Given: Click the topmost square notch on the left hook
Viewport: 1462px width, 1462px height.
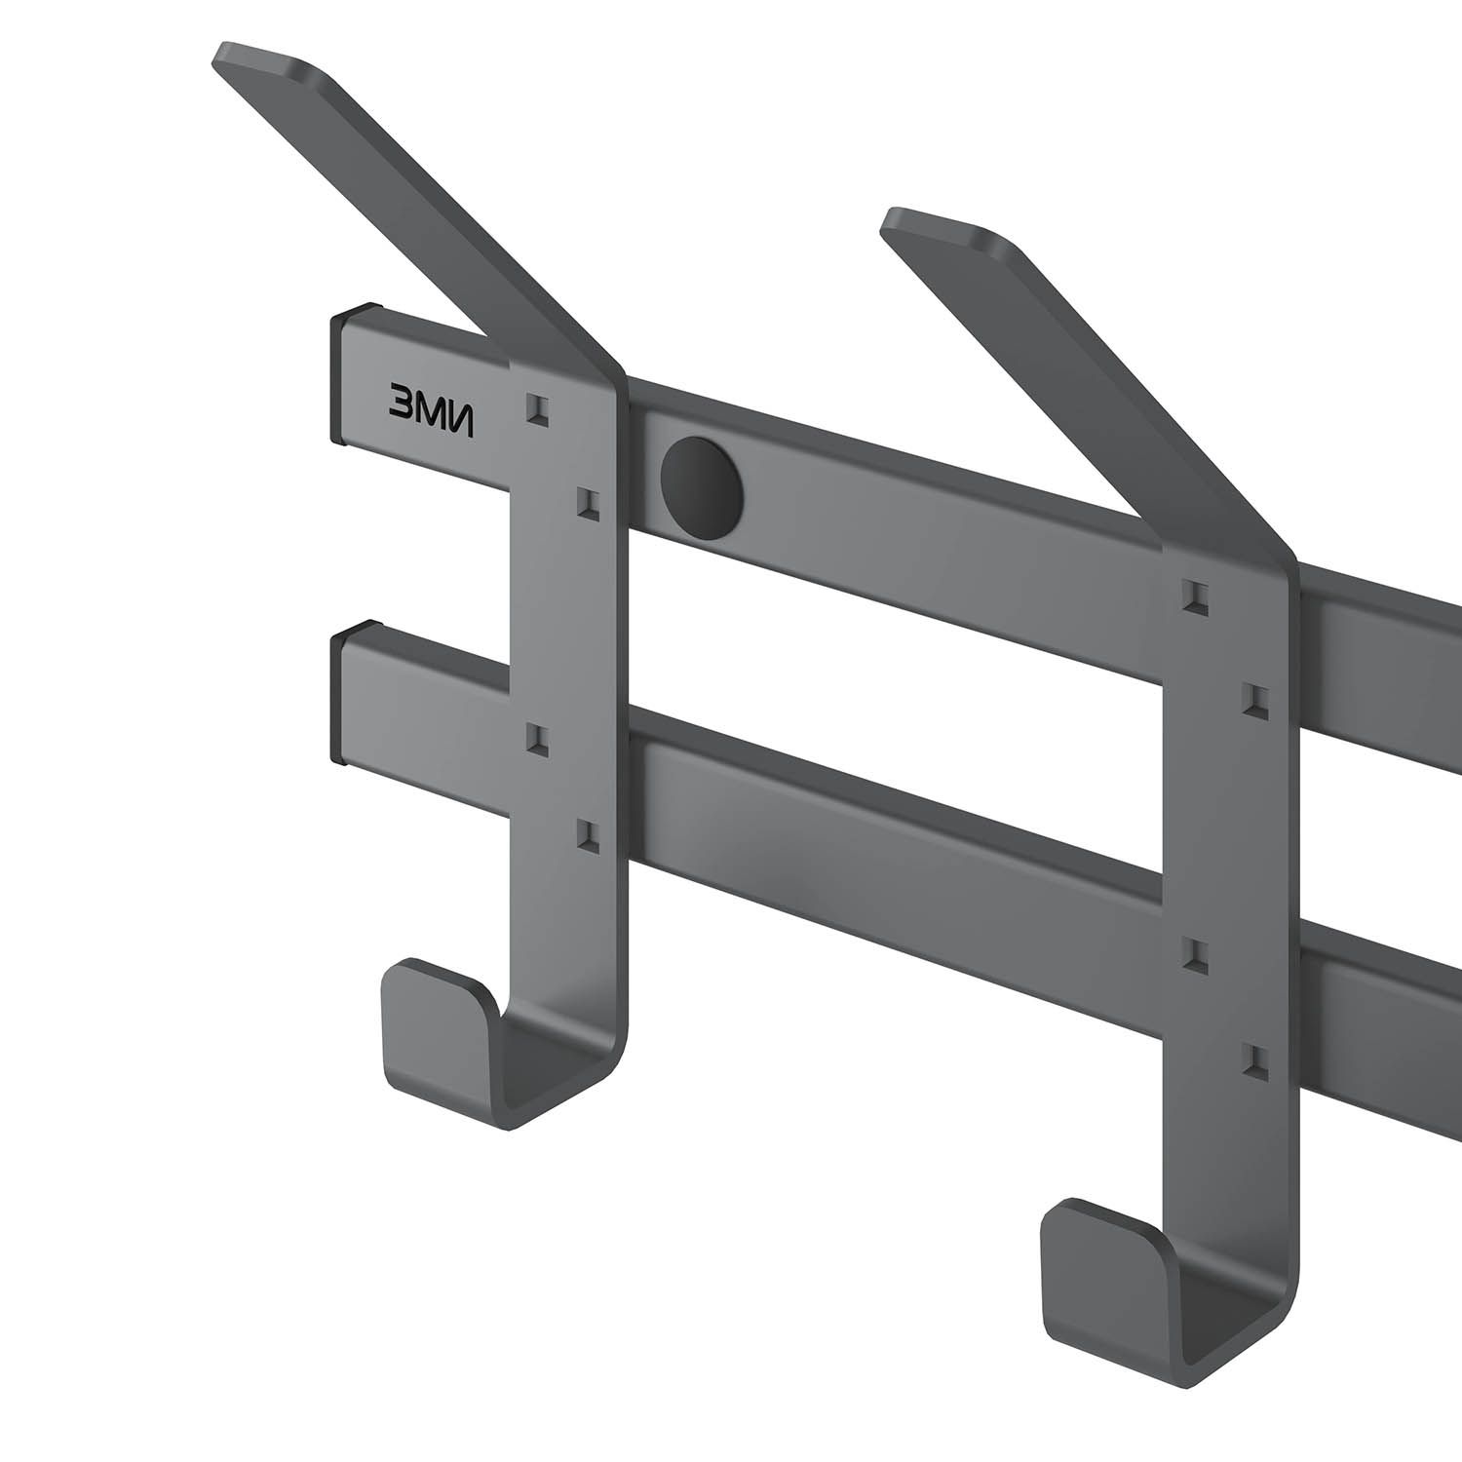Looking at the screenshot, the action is (537, 407).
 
